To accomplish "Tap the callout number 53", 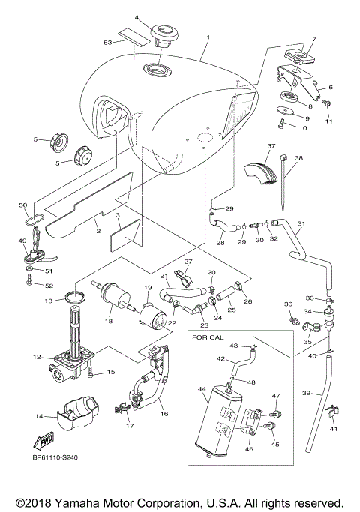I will pos(107,43).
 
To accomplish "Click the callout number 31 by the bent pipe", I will pos(302,223).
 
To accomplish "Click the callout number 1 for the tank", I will pos(208,37).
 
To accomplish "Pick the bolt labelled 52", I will pos(28,285).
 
